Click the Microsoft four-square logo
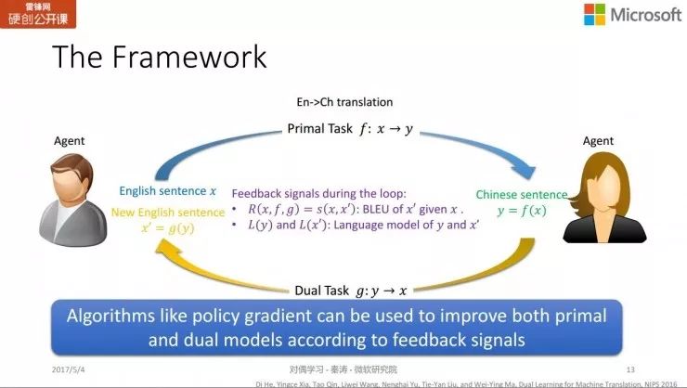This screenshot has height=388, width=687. pos(594,15)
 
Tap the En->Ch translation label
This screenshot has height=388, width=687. pos(345,101)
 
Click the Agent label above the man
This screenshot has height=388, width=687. pos(69,141)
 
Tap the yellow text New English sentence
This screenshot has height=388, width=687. pos(168,212)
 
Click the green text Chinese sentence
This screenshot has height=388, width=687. pos(521,195)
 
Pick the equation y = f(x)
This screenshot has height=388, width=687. pos(522,213)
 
